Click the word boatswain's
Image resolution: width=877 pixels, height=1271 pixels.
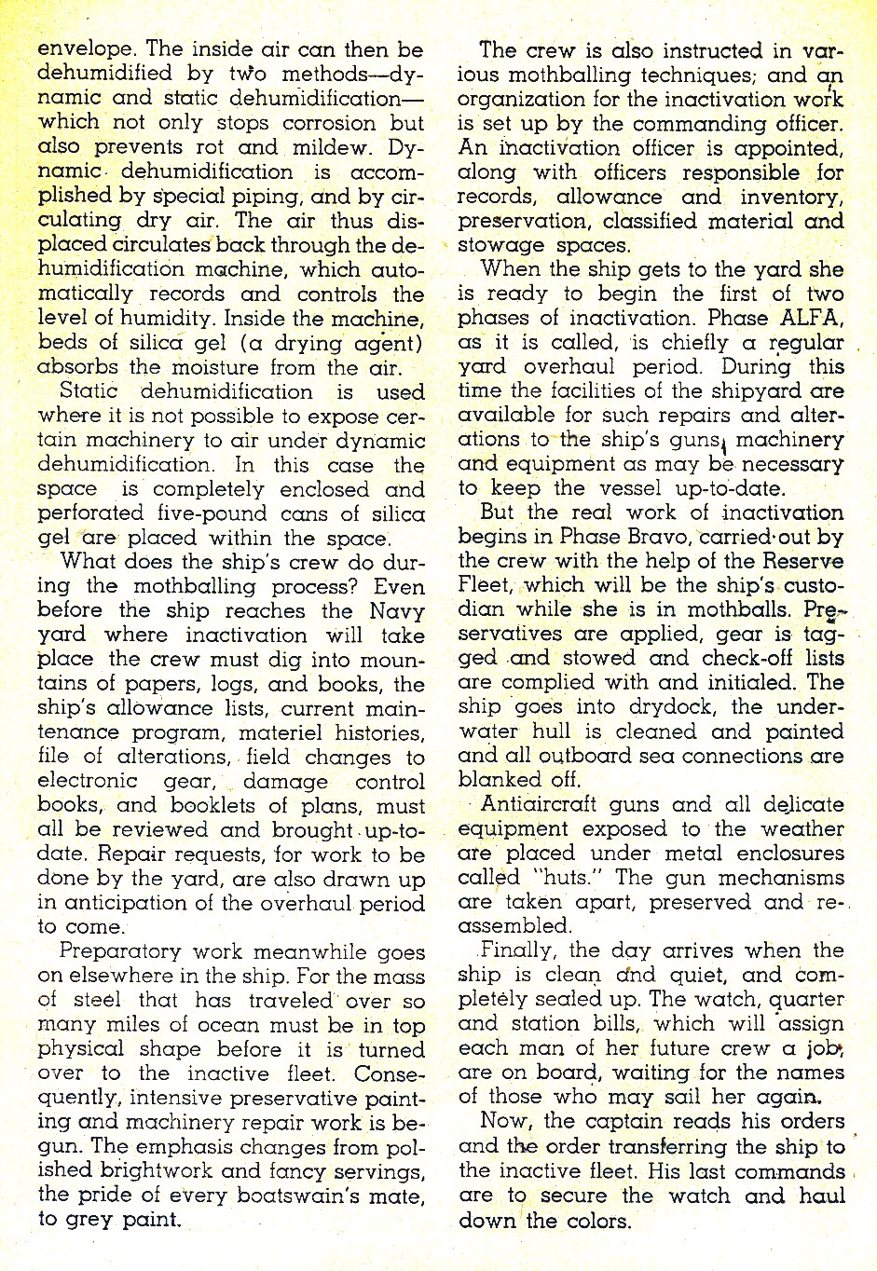pyautogui.click(x=303, y=1195)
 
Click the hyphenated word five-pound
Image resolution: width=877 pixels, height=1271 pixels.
pyautogui.click(x=201, y=513)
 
